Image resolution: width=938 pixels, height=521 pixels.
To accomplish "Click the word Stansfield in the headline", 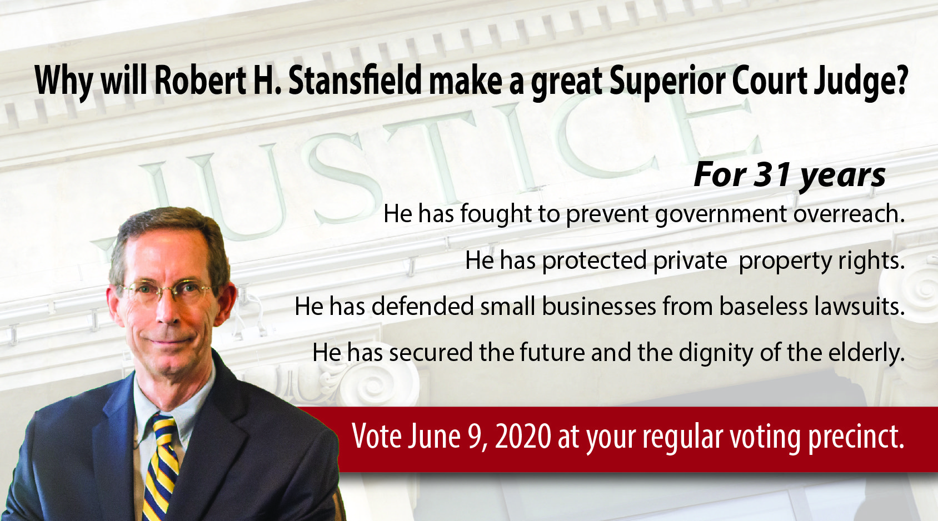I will pos(355,81).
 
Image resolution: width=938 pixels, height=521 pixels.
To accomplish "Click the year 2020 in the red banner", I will pos(523,437).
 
